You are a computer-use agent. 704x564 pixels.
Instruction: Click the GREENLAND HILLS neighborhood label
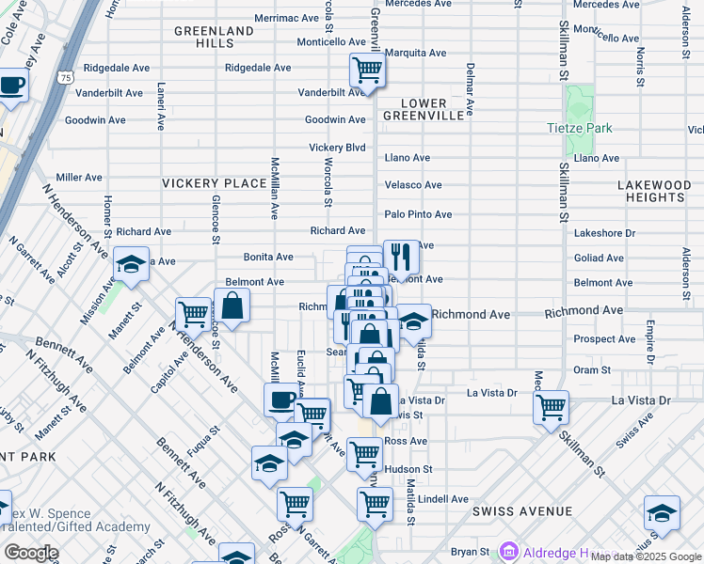(x=214, y=37)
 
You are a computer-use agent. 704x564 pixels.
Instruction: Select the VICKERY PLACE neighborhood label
(x=214, y=183)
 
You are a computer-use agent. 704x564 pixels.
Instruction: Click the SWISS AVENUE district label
(x=522, y=511)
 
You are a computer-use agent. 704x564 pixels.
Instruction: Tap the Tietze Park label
(x=580, y=128)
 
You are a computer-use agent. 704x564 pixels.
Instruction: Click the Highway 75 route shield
(x=65, y=75)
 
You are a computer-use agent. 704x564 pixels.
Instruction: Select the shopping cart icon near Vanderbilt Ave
(x=366, y=70)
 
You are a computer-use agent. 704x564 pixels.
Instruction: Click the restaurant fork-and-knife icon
(x=401, y=257)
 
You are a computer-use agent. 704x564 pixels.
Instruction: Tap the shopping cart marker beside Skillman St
(x=551, y=407)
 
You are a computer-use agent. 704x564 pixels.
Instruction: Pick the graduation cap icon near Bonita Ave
(x=131, y=264)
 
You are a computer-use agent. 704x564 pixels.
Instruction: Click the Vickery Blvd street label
(x=337, y=148)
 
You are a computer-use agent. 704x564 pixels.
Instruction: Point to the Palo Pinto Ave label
(x=418, y=214)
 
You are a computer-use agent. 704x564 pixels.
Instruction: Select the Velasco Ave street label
(x=412, y=185)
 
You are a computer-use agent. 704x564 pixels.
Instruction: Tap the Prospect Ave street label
(x=600, y=339)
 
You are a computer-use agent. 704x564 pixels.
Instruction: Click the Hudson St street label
(x=408, y=469)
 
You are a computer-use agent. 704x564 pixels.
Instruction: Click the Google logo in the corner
(x=31, y=553)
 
